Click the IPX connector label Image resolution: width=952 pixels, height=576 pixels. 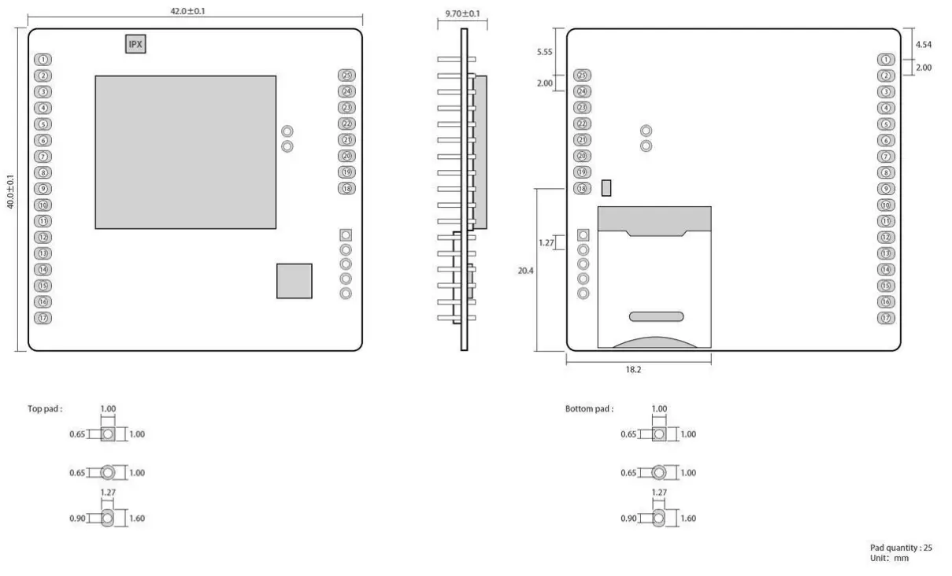coord(135,45)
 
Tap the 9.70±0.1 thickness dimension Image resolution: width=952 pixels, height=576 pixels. coord(462,14)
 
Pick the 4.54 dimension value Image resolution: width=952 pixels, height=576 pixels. coord(924,45)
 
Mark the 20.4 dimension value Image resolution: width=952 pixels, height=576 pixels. coord(525,269)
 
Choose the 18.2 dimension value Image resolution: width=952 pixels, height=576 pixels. coord(633,368)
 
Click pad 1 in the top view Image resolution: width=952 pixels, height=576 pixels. coord(44,60)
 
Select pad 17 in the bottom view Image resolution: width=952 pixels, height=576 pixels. coord(887,318)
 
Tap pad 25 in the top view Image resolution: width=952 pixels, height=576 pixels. coord(346,76)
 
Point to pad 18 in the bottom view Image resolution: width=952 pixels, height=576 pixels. coord(583,188)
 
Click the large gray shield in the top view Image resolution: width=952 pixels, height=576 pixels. coord(186,152)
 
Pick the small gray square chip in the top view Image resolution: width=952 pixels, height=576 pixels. coord(294,281)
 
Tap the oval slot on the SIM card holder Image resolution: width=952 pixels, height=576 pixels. coord(656,316)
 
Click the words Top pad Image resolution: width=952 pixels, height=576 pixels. coord(45,409)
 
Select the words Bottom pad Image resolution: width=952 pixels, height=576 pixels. coord(589,409)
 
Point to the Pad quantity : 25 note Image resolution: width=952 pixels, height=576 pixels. coord(901,548)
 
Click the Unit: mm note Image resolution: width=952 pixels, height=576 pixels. coord(889,558)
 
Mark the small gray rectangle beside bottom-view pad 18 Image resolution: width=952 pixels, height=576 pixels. coord(606,188)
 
